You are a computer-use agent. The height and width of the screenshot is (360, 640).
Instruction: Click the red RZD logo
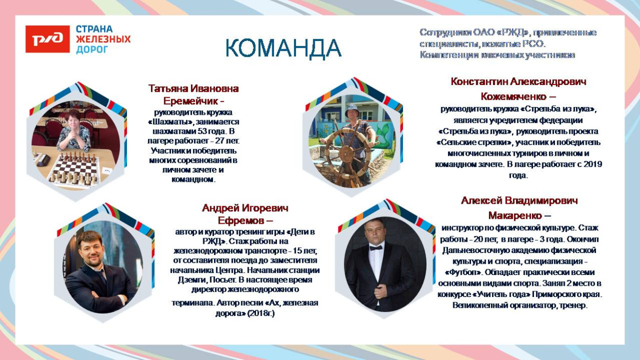coord(48,39)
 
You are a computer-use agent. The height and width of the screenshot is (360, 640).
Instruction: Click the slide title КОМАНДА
coord(283,49)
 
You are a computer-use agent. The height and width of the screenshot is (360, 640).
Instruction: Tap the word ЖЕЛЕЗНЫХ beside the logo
coord(103,39)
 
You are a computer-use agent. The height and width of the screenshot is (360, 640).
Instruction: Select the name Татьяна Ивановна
coord(194,88)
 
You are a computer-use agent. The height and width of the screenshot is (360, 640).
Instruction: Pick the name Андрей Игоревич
coord(245,208)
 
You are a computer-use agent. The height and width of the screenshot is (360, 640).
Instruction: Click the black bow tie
coord(376,247)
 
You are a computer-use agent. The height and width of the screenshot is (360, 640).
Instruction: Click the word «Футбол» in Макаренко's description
coord(463,272)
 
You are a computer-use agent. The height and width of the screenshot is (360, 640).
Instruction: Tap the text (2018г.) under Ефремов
coord(261,313)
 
